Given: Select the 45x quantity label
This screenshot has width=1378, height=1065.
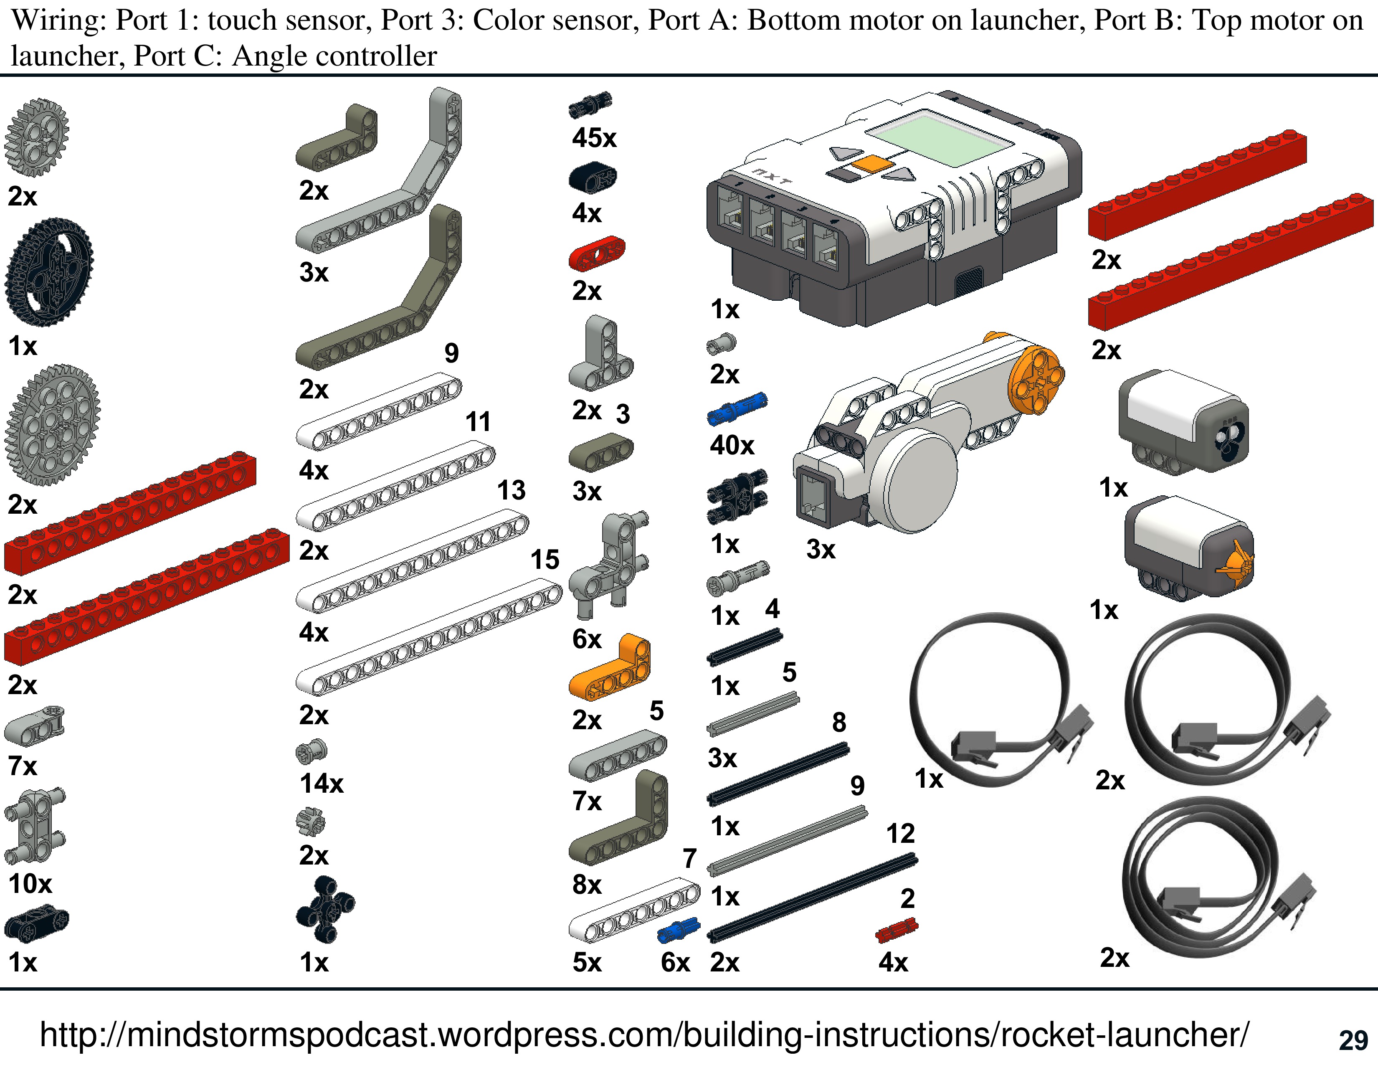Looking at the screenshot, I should click(594, 137).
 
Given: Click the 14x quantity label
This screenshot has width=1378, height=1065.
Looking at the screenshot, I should click(321, 784).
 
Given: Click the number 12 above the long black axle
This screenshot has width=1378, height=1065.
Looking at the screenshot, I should click(900, 834).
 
